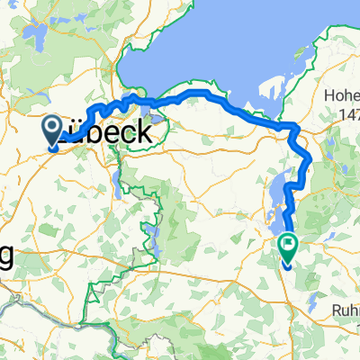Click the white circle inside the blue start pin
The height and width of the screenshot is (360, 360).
point(53,127)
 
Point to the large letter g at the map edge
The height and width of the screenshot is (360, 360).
point(7,256)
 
